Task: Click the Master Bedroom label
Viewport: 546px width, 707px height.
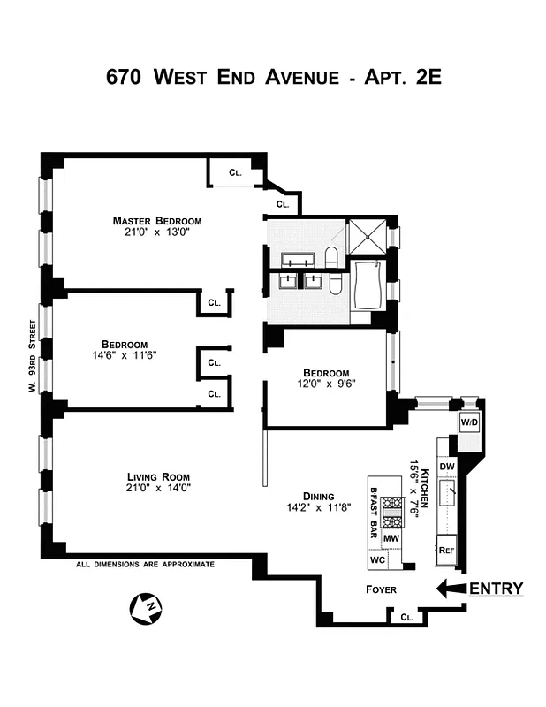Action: tap(156, 221)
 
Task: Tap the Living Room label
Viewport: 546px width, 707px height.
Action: tap(159, 476)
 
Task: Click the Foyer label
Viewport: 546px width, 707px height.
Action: tap(382, 589)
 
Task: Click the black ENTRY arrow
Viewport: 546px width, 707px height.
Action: tap(451, 589)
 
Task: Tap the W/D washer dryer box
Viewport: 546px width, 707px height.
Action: tap(468, 422)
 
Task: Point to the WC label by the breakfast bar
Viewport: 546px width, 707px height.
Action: tap(377, 560)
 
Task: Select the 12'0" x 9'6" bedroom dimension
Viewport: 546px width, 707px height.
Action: tap(326, 384)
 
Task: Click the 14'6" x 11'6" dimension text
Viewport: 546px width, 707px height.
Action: tap(124, 356)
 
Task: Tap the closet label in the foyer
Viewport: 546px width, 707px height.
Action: tap(406, 618)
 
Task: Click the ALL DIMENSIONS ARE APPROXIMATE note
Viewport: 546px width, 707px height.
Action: tap(145, 564)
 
